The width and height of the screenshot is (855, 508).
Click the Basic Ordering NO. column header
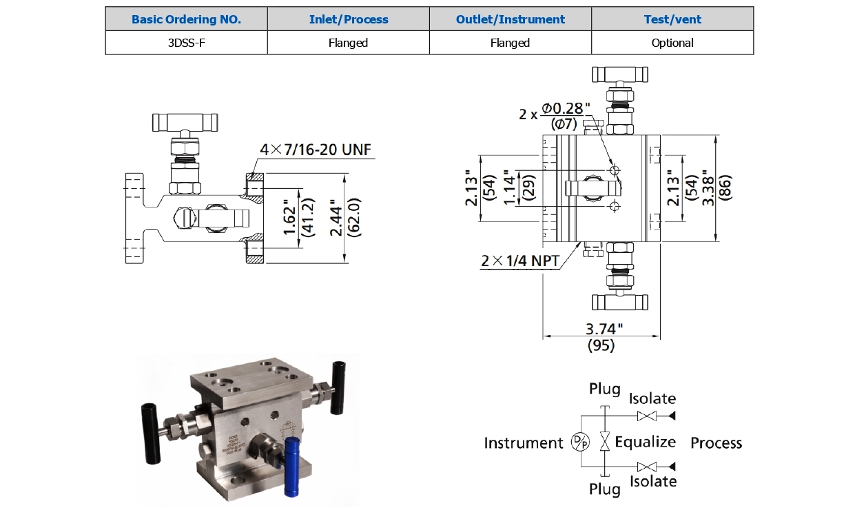[186, 19]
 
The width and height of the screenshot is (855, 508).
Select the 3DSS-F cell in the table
[186, 43]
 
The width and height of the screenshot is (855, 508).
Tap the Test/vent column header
[672, 19]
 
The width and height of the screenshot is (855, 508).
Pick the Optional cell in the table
[672, 43]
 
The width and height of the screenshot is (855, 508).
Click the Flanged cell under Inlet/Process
[348, 43]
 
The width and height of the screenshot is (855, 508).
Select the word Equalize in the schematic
[645, 442]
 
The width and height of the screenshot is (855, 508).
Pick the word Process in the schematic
[716, 443]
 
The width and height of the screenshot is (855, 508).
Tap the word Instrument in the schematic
[524, 443]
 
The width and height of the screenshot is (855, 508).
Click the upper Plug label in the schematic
[604, 389]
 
